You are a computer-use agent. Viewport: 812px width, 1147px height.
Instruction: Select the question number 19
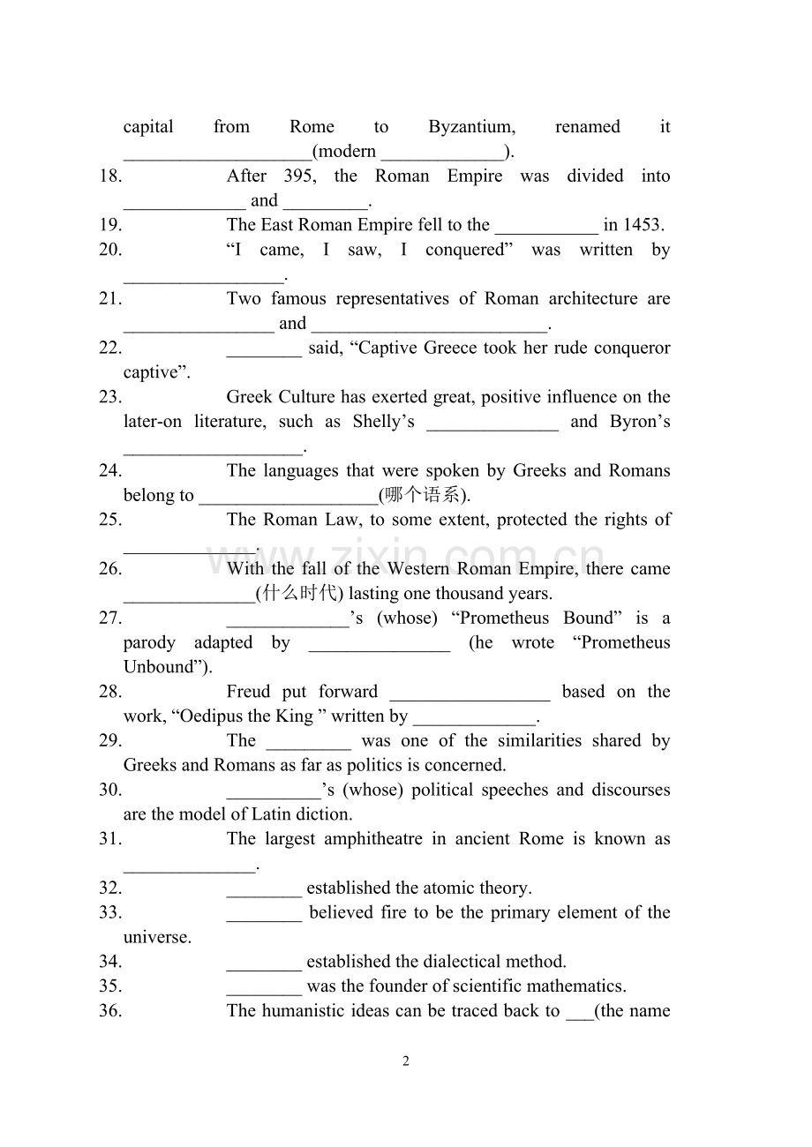point(110,225)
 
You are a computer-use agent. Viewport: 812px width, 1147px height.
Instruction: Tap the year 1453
point(643,225)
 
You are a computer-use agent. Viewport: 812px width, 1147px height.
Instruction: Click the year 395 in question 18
point(298,176)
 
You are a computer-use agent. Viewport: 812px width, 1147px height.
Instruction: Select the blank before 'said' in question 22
point(264,349)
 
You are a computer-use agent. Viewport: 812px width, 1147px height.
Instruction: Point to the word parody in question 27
point(149,642)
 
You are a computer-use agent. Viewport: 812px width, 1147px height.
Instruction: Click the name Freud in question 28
point(248,692)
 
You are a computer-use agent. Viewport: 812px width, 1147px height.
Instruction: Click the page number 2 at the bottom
point(406,1061)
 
